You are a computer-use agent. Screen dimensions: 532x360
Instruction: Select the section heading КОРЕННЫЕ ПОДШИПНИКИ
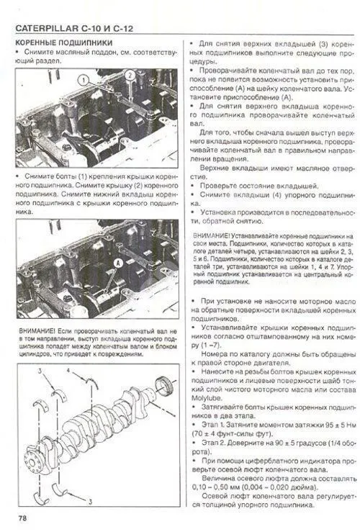(59, 44)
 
